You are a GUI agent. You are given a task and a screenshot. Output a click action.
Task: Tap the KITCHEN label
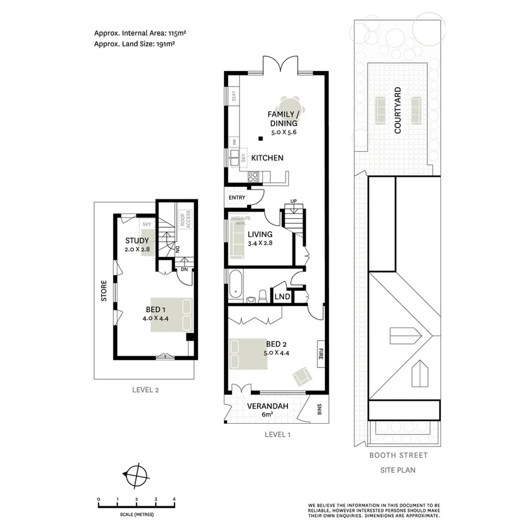(267, 158)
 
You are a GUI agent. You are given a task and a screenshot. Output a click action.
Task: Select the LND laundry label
(282, 297)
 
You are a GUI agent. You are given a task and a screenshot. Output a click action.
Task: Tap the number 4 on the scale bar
(174, 500)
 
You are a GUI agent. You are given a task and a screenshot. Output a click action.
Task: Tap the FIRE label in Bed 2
(320, 354)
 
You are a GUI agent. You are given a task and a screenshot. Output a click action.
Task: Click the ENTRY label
(237, 197)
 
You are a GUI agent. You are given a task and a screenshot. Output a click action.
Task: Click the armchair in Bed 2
(303, 375)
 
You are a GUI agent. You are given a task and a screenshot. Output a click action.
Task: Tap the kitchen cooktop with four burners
(255, 176)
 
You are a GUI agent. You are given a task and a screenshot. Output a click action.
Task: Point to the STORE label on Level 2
(104, 290)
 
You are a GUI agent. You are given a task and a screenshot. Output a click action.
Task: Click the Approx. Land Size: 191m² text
(136, 43)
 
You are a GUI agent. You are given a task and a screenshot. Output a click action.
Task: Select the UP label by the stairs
(293, 203)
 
